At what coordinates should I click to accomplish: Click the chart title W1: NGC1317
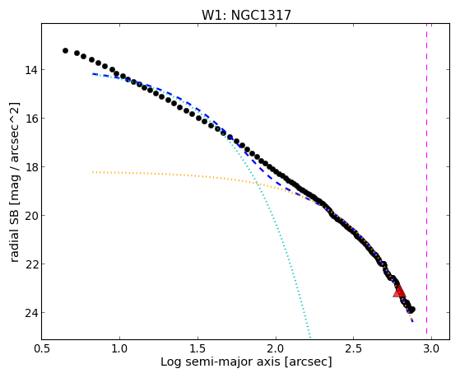(x=246, y=16)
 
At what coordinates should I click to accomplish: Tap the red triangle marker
(x=399, y=292)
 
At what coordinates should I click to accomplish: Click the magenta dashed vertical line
(x=426, y=181)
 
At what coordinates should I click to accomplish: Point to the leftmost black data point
(x=65, y=51)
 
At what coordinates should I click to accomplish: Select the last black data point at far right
(x=412, y=310)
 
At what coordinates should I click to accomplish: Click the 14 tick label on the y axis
(x=30, y=70)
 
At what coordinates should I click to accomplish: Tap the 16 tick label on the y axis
(x=30, y=119)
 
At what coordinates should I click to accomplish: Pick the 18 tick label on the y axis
(x=30, y=167)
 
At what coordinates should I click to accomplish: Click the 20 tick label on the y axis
(x=30, y=215)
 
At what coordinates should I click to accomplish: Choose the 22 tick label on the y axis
(x=30, y=264)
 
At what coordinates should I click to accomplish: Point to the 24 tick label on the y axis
(x=30, y=312)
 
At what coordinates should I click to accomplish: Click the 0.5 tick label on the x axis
(x=42, y=349)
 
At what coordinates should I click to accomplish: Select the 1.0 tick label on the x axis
(x=119, y=349)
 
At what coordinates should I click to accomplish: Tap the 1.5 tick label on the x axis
(x=197, y=349)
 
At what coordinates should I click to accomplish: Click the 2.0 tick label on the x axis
(x=276, y=349)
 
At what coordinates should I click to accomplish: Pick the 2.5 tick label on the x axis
(x=354, y=349)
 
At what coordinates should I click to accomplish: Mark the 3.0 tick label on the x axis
(x=431, y=349)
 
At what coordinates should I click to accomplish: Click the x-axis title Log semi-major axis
(x=221, y=362)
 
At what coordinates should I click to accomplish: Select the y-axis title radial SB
(x=14, y=231)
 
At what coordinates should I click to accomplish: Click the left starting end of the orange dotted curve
(x=93, y=172)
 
